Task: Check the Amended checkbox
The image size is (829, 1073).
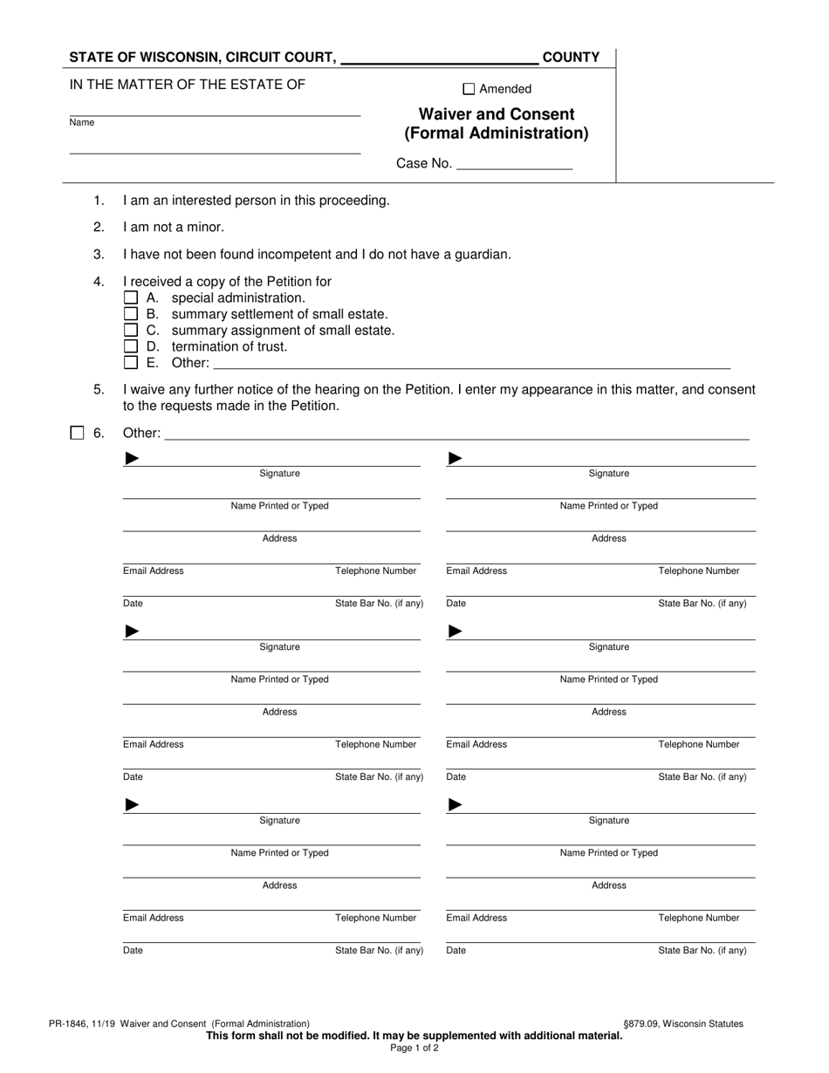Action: click(469, 88)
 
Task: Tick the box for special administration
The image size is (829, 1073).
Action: click(131, 297)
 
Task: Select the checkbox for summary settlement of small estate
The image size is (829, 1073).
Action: click(131, 314)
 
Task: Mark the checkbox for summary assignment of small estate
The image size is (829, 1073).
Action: click(131, 330)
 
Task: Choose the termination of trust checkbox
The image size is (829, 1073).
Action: click(131, 346)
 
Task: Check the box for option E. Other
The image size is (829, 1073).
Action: click(131, 363)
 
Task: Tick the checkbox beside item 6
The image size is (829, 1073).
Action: click(77, 433)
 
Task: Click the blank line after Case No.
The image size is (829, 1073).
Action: click(514, 164)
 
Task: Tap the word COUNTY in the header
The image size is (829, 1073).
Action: click(571, 58)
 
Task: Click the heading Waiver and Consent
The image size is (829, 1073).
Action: click(497, 114)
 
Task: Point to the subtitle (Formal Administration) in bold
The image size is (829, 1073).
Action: click(497, 133)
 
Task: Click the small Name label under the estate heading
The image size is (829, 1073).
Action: click(82, 123)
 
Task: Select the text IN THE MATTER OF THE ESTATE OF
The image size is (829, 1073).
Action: click(188, 85)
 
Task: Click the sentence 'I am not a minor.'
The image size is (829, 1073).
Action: click(174, 227)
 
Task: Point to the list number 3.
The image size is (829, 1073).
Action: click(99, 254)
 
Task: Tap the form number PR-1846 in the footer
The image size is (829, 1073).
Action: click(72, 1023)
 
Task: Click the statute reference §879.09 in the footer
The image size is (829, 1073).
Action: click(647, 1023)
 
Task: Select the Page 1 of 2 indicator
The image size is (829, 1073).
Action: click(414, 1049)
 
